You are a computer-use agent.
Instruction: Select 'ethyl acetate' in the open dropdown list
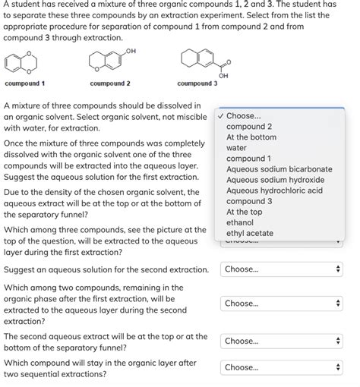point(249,233)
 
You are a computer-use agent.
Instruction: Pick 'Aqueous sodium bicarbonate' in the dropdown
point(279,169)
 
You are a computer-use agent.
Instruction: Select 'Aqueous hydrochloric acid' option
point(274,190)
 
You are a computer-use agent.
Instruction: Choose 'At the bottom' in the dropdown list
point(251,137)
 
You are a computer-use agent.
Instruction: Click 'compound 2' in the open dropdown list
point(248,127)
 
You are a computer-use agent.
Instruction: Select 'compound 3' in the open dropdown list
point(248,201)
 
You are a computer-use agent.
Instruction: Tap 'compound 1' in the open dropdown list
point(248,159)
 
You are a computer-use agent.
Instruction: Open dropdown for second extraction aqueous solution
point(282,269)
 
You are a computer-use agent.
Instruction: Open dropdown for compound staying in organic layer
point(282,367)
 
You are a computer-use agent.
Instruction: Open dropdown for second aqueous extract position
point(282,341)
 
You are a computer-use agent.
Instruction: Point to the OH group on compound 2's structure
point(131,51)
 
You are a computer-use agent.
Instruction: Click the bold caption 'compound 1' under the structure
point(24,83)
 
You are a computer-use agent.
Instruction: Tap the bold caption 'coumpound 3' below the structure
point(197,83)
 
